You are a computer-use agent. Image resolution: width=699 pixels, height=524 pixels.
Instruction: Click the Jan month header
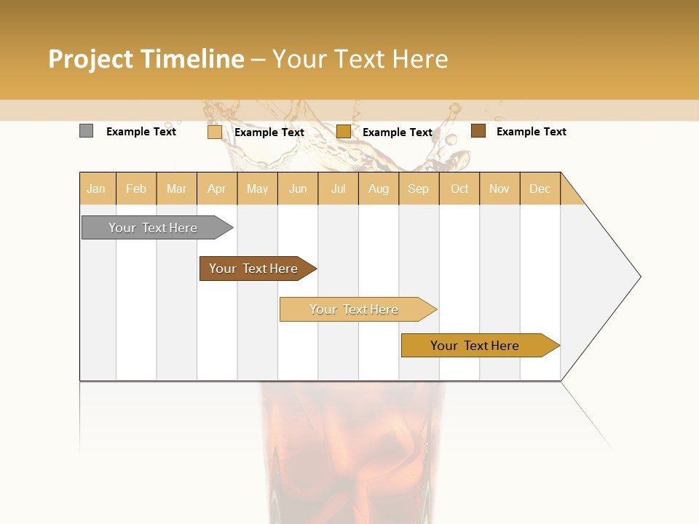click(x=96, y=188)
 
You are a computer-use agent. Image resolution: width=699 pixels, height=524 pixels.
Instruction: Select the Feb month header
click(x=136, y=188)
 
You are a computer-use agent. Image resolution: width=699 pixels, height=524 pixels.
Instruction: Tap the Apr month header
click(x=216, y=188)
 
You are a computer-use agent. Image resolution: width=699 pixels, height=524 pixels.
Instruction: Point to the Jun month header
click(x=298, y=188)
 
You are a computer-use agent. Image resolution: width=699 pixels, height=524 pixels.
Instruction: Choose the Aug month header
click(x=379, y=188)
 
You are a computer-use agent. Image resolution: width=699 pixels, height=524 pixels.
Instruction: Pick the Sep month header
click(x=418, y=188)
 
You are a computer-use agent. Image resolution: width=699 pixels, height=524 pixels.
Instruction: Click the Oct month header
click(x=459, y=188)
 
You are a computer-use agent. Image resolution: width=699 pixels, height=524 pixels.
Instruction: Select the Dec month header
click(x=540, y=188)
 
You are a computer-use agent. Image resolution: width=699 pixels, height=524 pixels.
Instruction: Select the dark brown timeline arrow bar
click(x=255, y=269)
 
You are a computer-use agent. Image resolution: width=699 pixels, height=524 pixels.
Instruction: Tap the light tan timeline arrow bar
click(x=355, y=309)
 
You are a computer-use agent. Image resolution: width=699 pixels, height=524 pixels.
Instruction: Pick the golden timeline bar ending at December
click(x=477, y=346)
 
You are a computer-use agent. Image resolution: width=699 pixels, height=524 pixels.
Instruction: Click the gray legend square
click(x=86, y=131)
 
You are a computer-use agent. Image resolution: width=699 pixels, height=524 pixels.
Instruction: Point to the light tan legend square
click(x=214, y=132)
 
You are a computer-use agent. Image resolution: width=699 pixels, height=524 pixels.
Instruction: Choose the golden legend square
click(x=344, y=132)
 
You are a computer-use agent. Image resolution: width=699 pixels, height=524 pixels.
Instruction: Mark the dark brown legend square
click(x=478, y=131)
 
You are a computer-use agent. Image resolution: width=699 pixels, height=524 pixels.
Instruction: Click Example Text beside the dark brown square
click(x=531, y=132)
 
